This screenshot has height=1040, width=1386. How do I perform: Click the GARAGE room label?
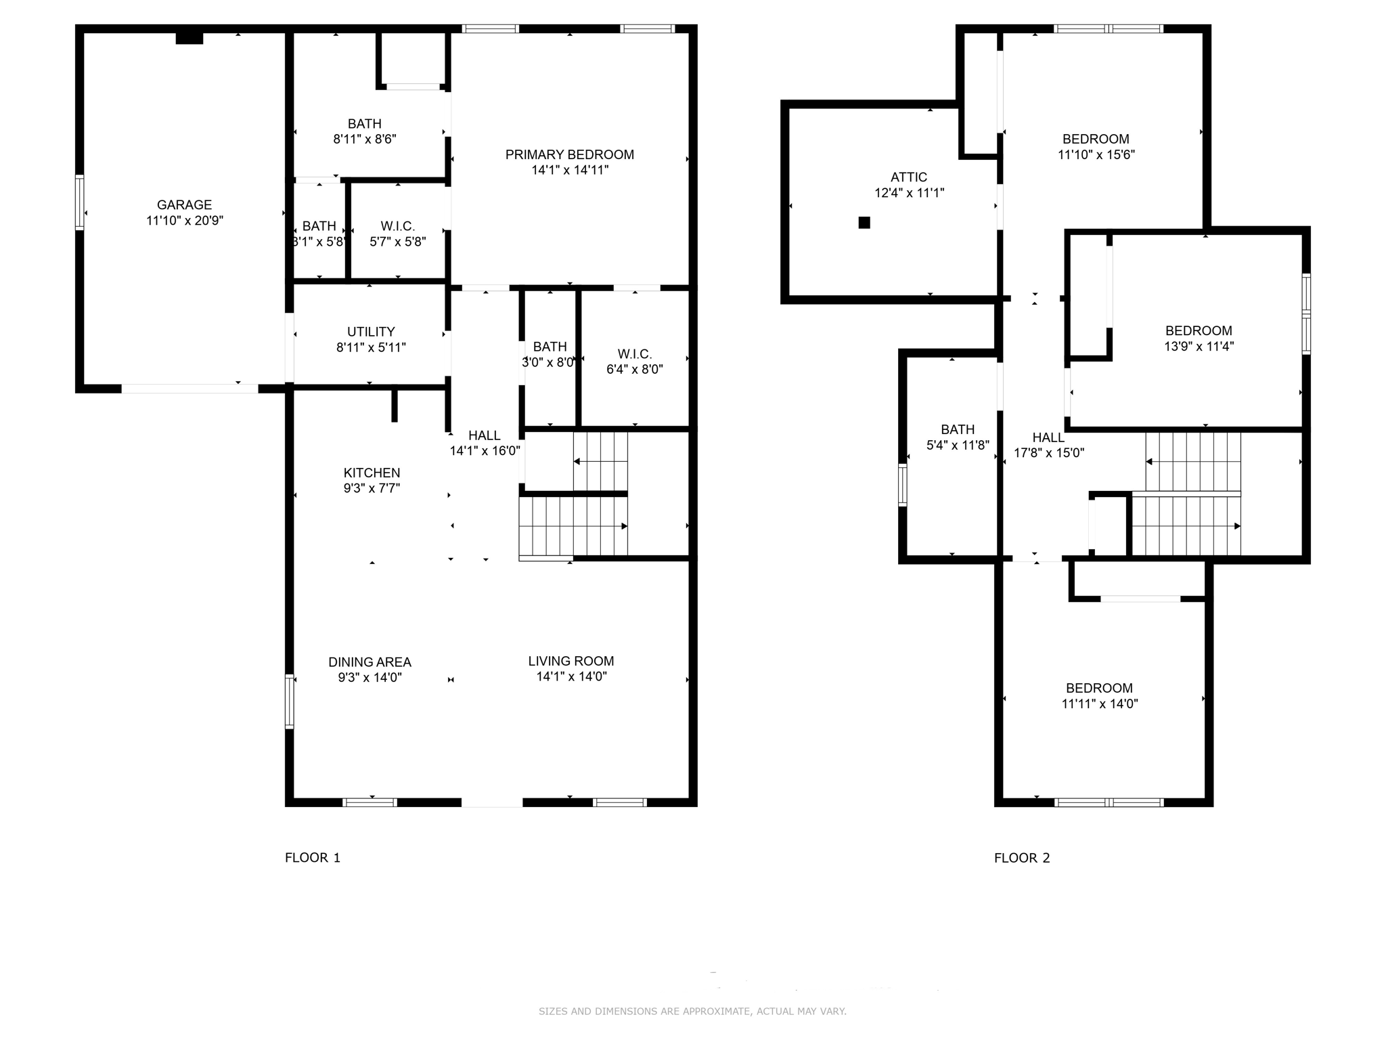[x=184, y=204]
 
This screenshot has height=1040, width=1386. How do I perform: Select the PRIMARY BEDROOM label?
[x=569, y=154]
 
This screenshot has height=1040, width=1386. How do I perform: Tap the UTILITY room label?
[x=370, y=332]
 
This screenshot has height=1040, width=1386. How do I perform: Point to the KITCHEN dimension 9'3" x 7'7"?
[x=372, y=488]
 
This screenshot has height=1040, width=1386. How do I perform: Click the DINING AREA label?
[x=370, y=662]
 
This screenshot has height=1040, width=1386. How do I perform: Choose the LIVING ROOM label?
[x=571, y=661]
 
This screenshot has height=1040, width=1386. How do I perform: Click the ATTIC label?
[x=908, y=177]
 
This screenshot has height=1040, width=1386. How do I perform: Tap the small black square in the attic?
[x=864, y=223]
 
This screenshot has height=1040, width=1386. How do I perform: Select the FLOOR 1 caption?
[x=312, y=858]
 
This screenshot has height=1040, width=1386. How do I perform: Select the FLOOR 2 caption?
[x=1021, y=858]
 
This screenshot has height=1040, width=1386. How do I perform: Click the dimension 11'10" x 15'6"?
[x=1096, y=154]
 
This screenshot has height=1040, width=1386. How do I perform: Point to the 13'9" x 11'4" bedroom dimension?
[x=1198, y=346]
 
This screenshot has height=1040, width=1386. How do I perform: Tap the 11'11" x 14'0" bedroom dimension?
[x=1099, y=703]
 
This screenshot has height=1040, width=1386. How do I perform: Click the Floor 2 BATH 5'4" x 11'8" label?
[x=957, y=437]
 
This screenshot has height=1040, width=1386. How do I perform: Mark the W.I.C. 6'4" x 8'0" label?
[x=634, y=362]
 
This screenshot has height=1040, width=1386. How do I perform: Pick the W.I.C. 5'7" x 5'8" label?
[x=397, y=234]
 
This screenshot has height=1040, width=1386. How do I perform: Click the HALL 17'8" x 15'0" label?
[x=1048, y=446]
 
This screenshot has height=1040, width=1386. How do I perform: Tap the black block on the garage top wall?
[x=189, y=38]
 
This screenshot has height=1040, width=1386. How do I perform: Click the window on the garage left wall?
[x=79, y=202]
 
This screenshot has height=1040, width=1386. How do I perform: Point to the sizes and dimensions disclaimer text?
[x=692, y=1011]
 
